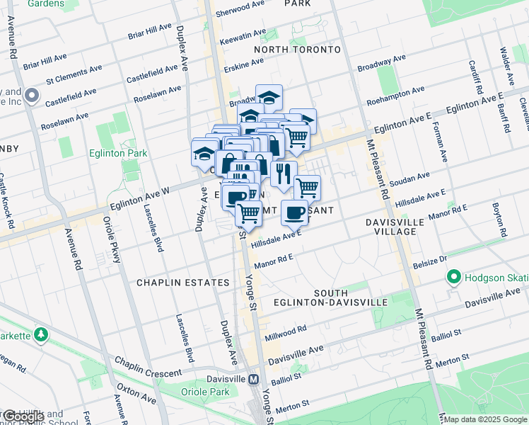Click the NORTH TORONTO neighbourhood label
pos(297,50)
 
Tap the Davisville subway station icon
pos(252,379)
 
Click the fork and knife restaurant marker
pos(283,174)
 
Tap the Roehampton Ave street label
pos(396,96)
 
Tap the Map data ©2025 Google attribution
pos(485,419)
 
